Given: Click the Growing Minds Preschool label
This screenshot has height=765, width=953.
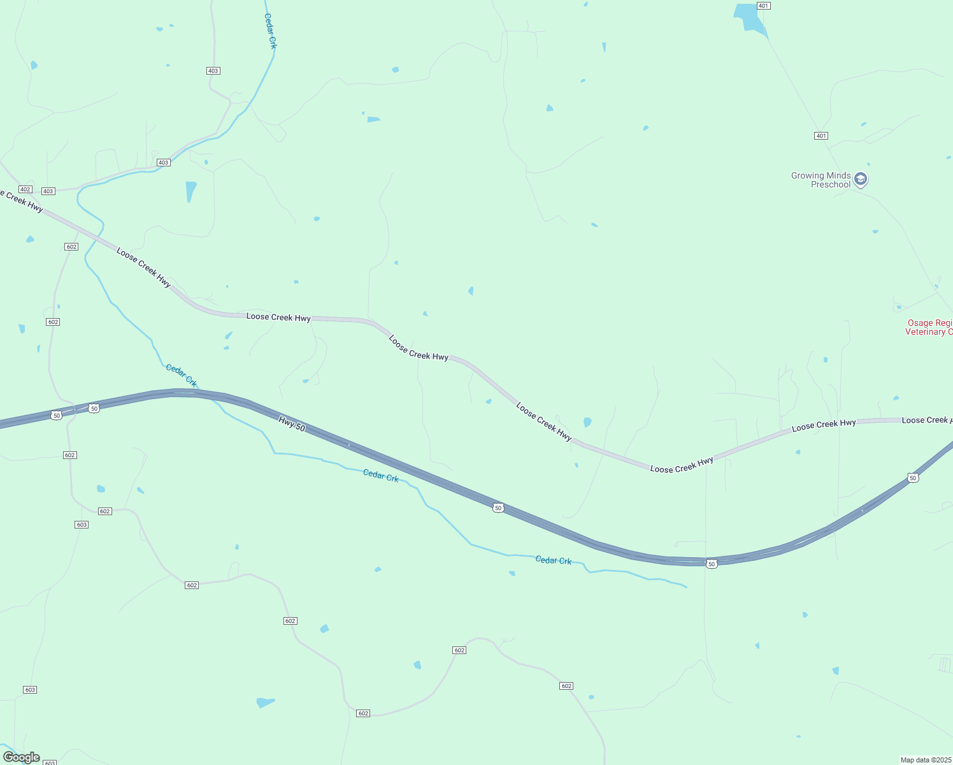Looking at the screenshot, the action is [x=820, y=180].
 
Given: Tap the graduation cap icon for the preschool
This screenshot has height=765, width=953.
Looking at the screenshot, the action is [x=861, y=179].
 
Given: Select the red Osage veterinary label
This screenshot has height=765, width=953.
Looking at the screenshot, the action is [x=929, y=328].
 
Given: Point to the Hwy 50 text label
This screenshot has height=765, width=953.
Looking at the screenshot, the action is [x=292, y=423].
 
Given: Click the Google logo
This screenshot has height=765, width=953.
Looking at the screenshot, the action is [x=21, y=757].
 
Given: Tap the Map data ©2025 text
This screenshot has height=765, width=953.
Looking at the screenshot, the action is [x=926, y=760].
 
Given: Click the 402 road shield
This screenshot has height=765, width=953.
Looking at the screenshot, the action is [x=25, y=189].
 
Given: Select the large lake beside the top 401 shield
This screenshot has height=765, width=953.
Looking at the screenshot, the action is [x=750, y=18].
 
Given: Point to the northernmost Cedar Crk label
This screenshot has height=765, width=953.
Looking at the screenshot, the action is [x=271, y=31].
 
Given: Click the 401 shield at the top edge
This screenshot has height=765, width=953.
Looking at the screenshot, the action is [x=764, y=6].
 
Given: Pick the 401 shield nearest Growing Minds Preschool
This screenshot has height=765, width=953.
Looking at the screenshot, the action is [x=821, y=136].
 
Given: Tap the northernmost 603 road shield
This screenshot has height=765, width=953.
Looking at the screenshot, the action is [x=81, y=525].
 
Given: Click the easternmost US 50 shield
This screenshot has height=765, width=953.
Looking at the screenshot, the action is [x=913, y=478].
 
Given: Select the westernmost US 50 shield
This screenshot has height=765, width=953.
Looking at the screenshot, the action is [x=57, y=416].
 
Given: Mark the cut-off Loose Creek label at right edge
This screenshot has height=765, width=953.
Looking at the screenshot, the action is [x=927, y=420].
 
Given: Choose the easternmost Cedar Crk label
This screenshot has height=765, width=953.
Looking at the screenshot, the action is [x=553, y=560].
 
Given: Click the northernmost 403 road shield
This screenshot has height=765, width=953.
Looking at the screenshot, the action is [x=213, y=71].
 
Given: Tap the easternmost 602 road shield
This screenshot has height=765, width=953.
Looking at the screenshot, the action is [x=566, y=686].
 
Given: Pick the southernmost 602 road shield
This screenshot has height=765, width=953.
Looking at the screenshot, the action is [x=363, y=713].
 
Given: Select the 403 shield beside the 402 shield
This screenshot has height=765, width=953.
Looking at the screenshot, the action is [x=48, y=191].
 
